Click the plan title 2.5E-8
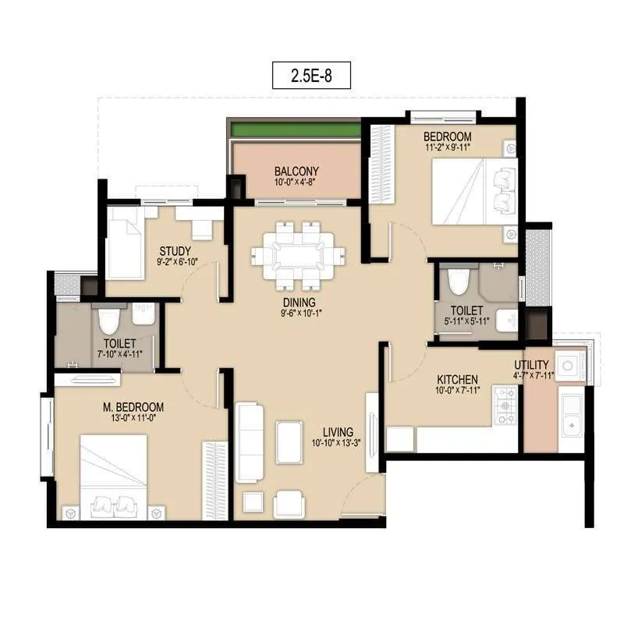point(311,76)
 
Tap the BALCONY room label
point(296,172)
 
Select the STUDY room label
point(175,250)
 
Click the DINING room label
point(300,303)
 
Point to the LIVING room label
point(337,431)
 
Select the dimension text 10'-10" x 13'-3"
point(336,443)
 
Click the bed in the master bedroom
point(114,474)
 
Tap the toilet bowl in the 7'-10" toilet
point(108,320)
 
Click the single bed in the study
point(124,243)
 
